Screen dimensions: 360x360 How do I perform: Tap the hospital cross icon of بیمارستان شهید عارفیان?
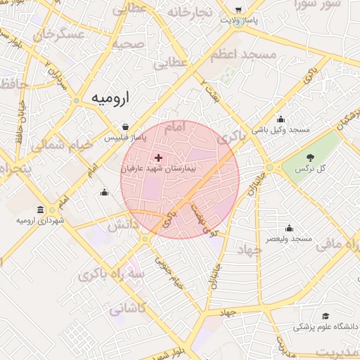157,158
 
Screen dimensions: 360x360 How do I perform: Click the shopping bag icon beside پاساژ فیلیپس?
125,127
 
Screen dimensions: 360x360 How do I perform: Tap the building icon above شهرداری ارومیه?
39,210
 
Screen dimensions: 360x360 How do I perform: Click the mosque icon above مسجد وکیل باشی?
281,119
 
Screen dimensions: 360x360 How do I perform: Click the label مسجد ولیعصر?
289,239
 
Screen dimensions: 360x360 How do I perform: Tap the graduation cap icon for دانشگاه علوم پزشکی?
325,316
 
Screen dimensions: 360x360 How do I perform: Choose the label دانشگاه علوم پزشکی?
321,327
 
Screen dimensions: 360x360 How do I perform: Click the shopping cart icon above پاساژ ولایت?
239,10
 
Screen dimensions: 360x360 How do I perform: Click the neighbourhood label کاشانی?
127,308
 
